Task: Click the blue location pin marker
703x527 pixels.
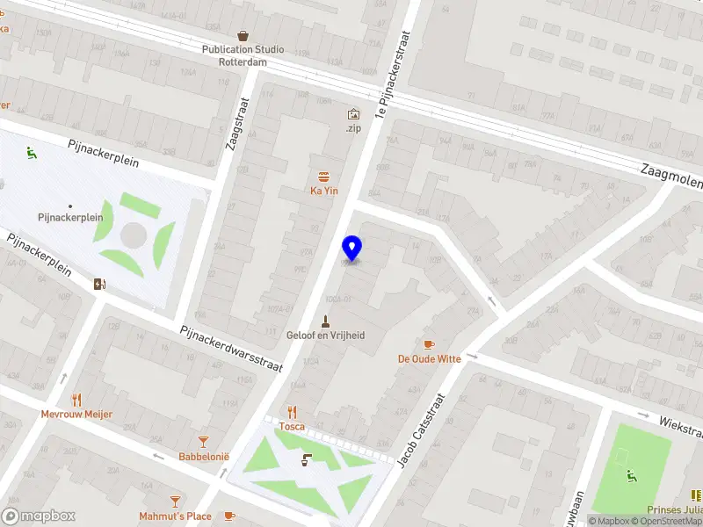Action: [x=352, y=249]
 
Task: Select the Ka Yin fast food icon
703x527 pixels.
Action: [x=325, y=176]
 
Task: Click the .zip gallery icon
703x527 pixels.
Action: [x=353, y=114]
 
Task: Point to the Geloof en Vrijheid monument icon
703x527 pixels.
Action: [x=326, y=321]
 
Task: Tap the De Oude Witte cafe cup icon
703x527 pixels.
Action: [x=429, y=344]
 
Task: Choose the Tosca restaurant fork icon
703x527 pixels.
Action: [x=293, y=412]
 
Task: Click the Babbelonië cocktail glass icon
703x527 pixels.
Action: [x=204, y=442]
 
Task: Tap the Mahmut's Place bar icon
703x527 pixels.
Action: [x=175, y=502]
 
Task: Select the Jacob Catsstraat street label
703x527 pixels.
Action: [x=423, y=430]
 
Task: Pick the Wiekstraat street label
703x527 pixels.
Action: [x=682, y=425]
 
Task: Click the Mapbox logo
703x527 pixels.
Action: [x=39, y=516]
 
